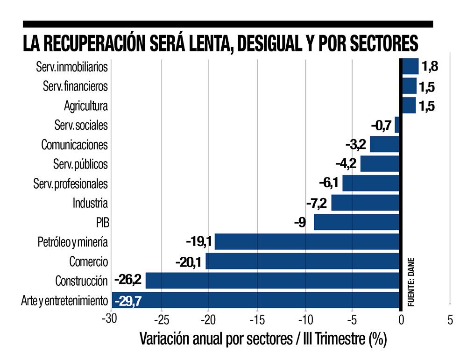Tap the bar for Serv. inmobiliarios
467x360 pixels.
click(410, 66)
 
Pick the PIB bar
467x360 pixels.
click(356, 222)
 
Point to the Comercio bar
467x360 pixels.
click(303, 261)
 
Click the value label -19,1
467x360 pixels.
click(199, 241)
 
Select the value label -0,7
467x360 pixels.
click(382, 125)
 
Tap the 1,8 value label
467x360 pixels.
click(430, 66)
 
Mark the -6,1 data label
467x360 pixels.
click(329, 183)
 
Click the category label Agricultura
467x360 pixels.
click(86, 106)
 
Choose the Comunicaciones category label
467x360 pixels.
click(75, 145)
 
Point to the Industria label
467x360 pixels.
click(90, 203)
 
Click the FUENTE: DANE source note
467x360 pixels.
click(411, 282)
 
